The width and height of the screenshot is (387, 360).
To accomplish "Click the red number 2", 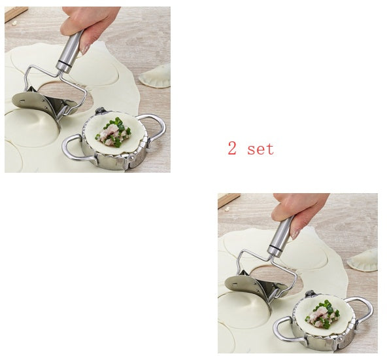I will [x=232, y=149].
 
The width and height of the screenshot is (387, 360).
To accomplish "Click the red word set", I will [x=260, y=149].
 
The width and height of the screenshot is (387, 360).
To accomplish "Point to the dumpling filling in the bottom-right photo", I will [x=323, y=314].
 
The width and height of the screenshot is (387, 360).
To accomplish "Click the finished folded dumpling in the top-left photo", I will [x=156, y=77].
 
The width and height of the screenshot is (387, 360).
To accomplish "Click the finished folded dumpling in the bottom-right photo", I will [x=363, y=260].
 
